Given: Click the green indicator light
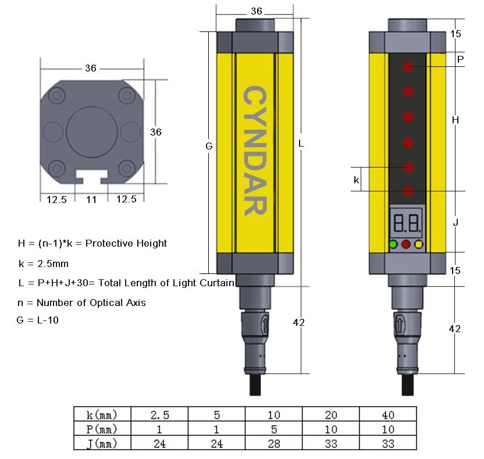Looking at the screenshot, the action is click(x=393, y=244).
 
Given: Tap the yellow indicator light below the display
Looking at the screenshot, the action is click(x=419, y=244).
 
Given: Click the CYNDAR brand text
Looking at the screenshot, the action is click(x=255, y=150).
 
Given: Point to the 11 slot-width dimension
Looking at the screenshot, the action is click(x=91, y=200).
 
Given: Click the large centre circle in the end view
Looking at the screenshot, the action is click(x=92, y=132).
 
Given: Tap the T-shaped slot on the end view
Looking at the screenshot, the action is click(x=92, y=177).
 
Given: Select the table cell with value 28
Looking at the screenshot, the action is click(x=274, y=443).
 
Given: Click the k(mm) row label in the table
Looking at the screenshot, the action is click(x=102, y=415).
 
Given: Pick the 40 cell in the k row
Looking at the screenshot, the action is click(x=388, y=415).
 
